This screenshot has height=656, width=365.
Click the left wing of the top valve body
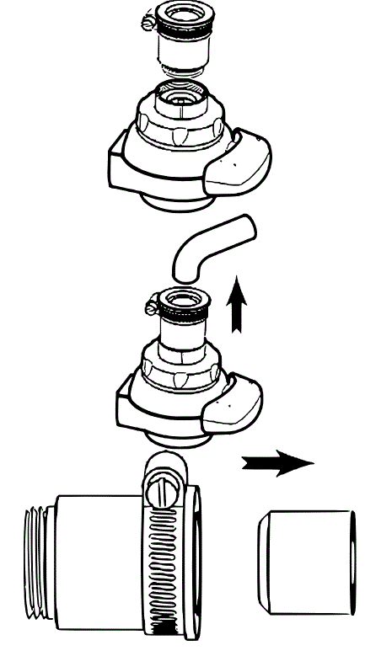click(x=126, y=163)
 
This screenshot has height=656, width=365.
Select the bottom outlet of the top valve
click(x=177, y=200)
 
